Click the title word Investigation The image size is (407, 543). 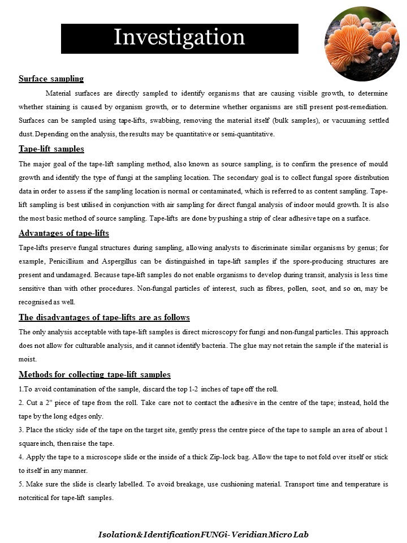coord(179,37)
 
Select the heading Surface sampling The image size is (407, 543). coord(51,79)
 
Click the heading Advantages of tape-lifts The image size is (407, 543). coord(64,233)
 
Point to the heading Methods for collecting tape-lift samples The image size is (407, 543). coord(94,374)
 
